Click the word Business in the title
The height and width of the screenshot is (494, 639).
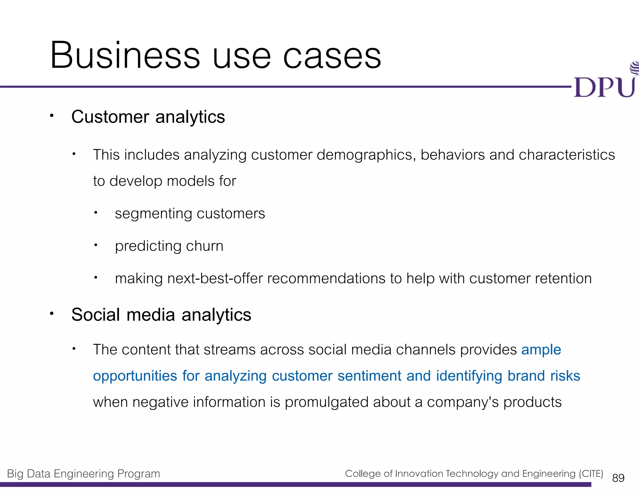pyautogui.click(x=125, y=56)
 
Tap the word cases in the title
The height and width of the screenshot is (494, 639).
pyautogui.click(x=332, y=56)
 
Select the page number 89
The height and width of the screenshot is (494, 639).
pyautogui.click(x=618, y=478)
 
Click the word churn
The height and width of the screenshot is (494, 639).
pyautogui.click(x=205, y=246)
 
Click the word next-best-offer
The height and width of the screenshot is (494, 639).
pyautogui.click(x=215, y=278)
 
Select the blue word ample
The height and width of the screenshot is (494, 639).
pyautogui.click(x=541, y=350)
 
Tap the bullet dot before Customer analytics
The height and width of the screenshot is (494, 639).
pyautogui.click(x=52, y=116)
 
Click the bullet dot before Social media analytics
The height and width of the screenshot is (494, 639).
pyautogui.click(x=52, y=313)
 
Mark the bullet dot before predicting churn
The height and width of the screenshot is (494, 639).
pyautogui.click(x=96, y=245)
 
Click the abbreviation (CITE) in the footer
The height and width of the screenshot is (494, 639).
pyautogui.click(x=591, y=473)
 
